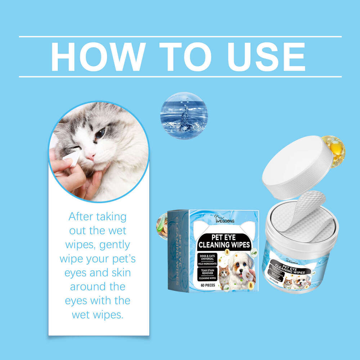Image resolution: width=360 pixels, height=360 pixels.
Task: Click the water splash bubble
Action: [184, 116]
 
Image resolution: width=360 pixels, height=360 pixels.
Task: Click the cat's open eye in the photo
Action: [100, 133]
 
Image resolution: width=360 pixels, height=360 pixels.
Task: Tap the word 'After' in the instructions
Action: [82, 217]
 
